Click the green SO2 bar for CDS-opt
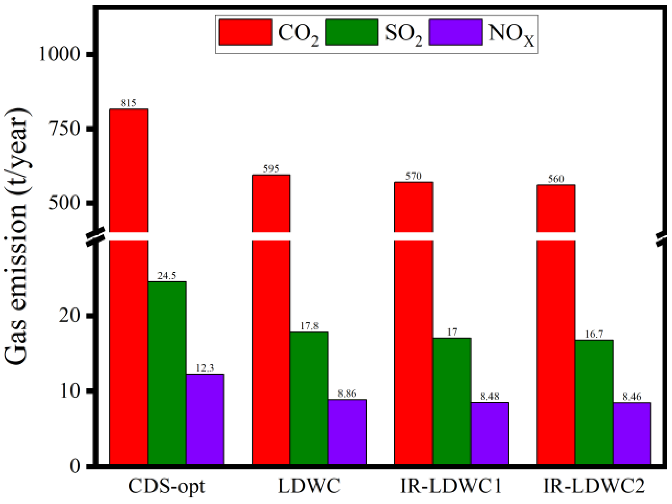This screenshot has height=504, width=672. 167,373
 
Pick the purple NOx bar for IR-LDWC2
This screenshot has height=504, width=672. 632,433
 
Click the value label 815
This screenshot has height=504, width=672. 129,103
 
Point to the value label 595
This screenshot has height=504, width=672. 271,169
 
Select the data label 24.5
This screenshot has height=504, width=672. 167,276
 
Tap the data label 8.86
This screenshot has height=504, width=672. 347,394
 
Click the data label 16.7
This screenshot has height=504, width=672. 594,334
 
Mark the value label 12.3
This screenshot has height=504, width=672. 205,368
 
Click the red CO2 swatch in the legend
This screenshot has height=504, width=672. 245,32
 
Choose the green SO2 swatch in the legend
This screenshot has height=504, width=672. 351,32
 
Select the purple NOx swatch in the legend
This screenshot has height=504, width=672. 456,32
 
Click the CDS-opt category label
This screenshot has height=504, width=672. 167,487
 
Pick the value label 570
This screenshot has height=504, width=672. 414,176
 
